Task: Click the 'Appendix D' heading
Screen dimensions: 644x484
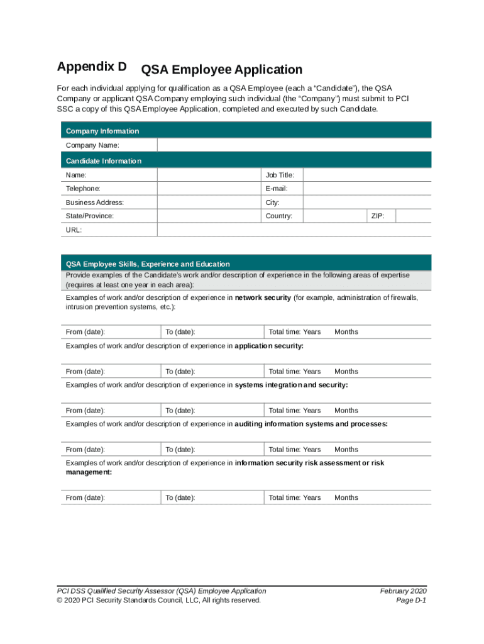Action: tap(92, 67)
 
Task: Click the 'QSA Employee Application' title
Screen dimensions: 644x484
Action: tap(222, 70)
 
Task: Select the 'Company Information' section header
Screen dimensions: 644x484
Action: tap(102, 131)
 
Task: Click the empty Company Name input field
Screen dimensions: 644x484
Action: tap(294, 145)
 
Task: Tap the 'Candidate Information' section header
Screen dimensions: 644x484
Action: tap(104, 161)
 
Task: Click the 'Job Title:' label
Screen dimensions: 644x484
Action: tap(280, 175)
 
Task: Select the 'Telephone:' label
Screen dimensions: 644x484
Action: tap(83, 189)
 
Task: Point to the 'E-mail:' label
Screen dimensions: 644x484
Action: tap(277, 189)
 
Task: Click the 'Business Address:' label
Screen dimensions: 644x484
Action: tap(95, 203)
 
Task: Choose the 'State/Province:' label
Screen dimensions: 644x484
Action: tap(90, 216)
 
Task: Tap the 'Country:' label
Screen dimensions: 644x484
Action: tap(279, 216)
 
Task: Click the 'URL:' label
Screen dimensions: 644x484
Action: tap(74, 230)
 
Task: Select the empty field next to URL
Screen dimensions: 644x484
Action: tap(294, 230)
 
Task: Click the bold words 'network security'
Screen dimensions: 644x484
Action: tap(263, 298)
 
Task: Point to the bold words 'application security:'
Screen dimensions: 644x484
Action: tap(269, 346)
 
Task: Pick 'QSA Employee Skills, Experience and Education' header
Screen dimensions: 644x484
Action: tap(148, 264)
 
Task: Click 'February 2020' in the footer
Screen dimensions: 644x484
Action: tap(403, 591)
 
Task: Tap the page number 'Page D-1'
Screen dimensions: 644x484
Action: tap(411, 600)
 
